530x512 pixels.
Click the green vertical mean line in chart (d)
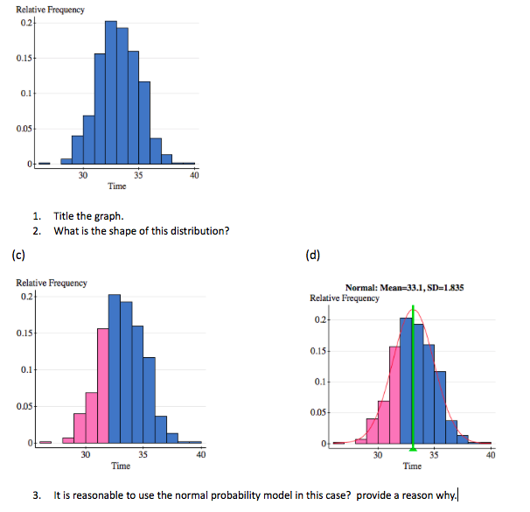point(414,376)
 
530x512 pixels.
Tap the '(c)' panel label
point(17,256)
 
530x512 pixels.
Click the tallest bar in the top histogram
point(111,92)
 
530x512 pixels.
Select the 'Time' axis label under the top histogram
point(116,186)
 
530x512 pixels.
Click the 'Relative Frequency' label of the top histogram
point(51,10)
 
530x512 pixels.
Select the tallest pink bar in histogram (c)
point(102,385)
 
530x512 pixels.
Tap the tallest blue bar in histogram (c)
point(115,368)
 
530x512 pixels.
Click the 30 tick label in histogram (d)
point(377,455)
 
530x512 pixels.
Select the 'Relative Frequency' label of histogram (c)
point(52,283)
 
